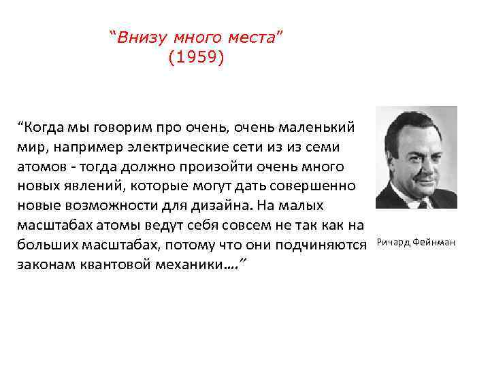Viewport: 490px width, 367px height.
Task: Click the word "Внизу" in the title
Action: [x=139, y=37]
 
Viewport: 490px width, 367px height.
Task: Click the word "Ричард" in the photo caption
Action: [x=393, y=243]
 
